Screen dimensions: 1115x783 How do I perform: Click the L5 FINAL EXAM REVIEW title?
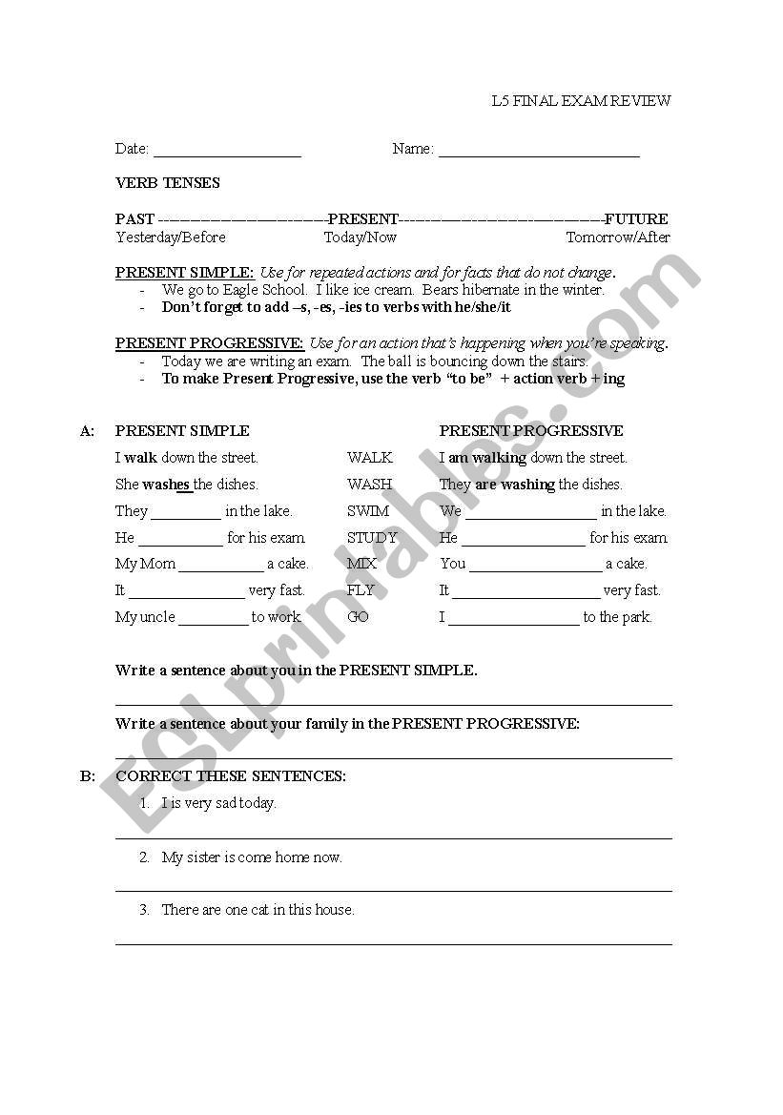(x=581, y=101)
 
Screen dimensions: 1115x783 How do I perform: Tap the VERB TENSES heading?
(x=168, y=183)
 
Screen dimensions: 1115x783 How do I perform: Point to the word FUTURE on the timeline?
(x=636, y=219)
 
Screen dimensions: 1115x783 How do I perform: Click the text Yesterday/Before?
(x=171, y=237)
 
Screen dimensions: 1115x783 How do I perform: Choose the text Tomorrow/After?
(x=618, y=237)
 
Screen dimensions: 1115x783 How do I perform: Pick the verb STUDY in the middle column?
(x=372, y=538)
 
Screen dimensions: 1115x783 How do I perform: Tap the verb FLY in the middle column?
(x=361, y=590)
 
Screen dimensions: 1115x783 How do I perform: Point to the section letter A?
(x=88, y=431)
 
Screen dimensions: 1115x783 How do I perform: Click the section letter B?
(x=88, y=776)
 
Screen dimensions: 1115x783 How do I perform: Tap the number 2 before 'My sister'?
(x=144, y=857)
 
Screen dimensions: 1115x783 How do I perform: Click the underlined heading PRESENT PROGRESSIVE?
(x=210, y=343)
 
